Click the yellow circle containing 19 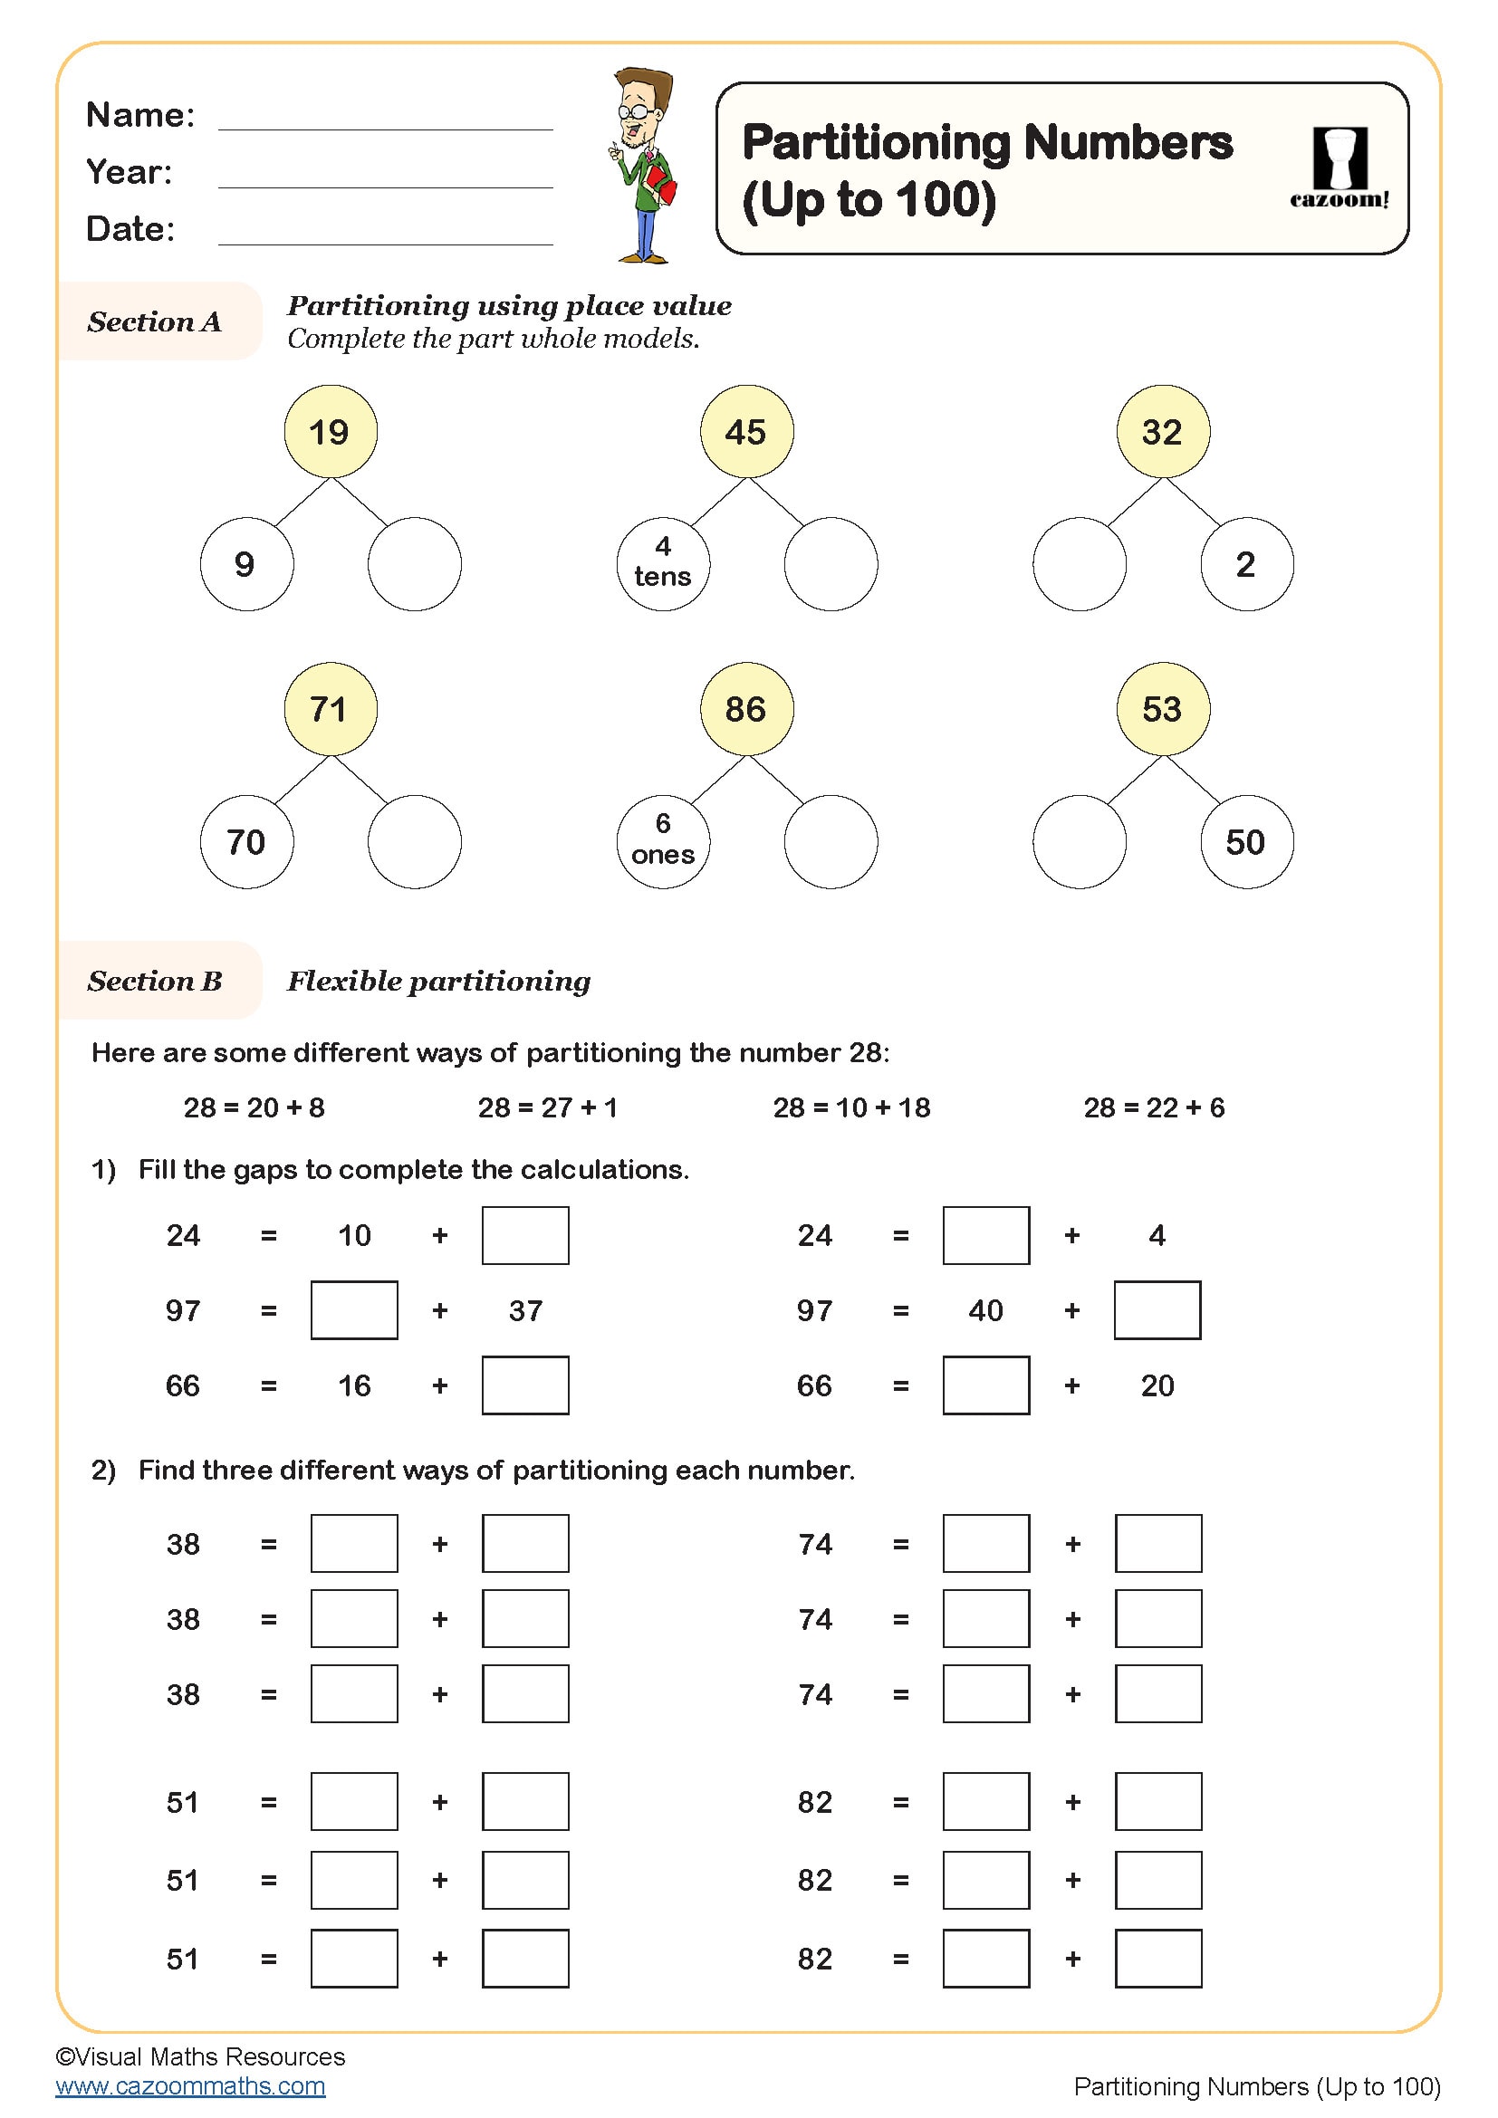pos(331,432)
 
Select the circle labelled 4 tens pos(662,563)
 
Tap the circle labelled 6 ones pos(662,841)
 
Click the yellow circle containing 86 pos(746,708)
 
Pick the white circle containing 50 pos(1246,841)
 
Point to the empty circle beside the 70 pos(414,841)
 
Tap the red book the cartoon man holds pos(660,185)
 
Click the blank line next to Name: pos(385,118)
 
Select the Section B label pos(155,981)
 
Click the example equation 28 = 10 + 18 pos(850,1107)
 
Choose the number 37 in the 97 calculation pos(525,1310)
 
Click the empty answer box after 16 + pos(525,1385)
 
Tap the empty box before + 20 pos(985,1385)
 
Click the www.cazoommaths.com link pos(190,2085)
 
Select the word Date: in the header pos(130,229)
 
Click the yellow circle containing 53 pos(1162,708)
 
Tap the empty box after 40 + pos(1157,1310)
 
